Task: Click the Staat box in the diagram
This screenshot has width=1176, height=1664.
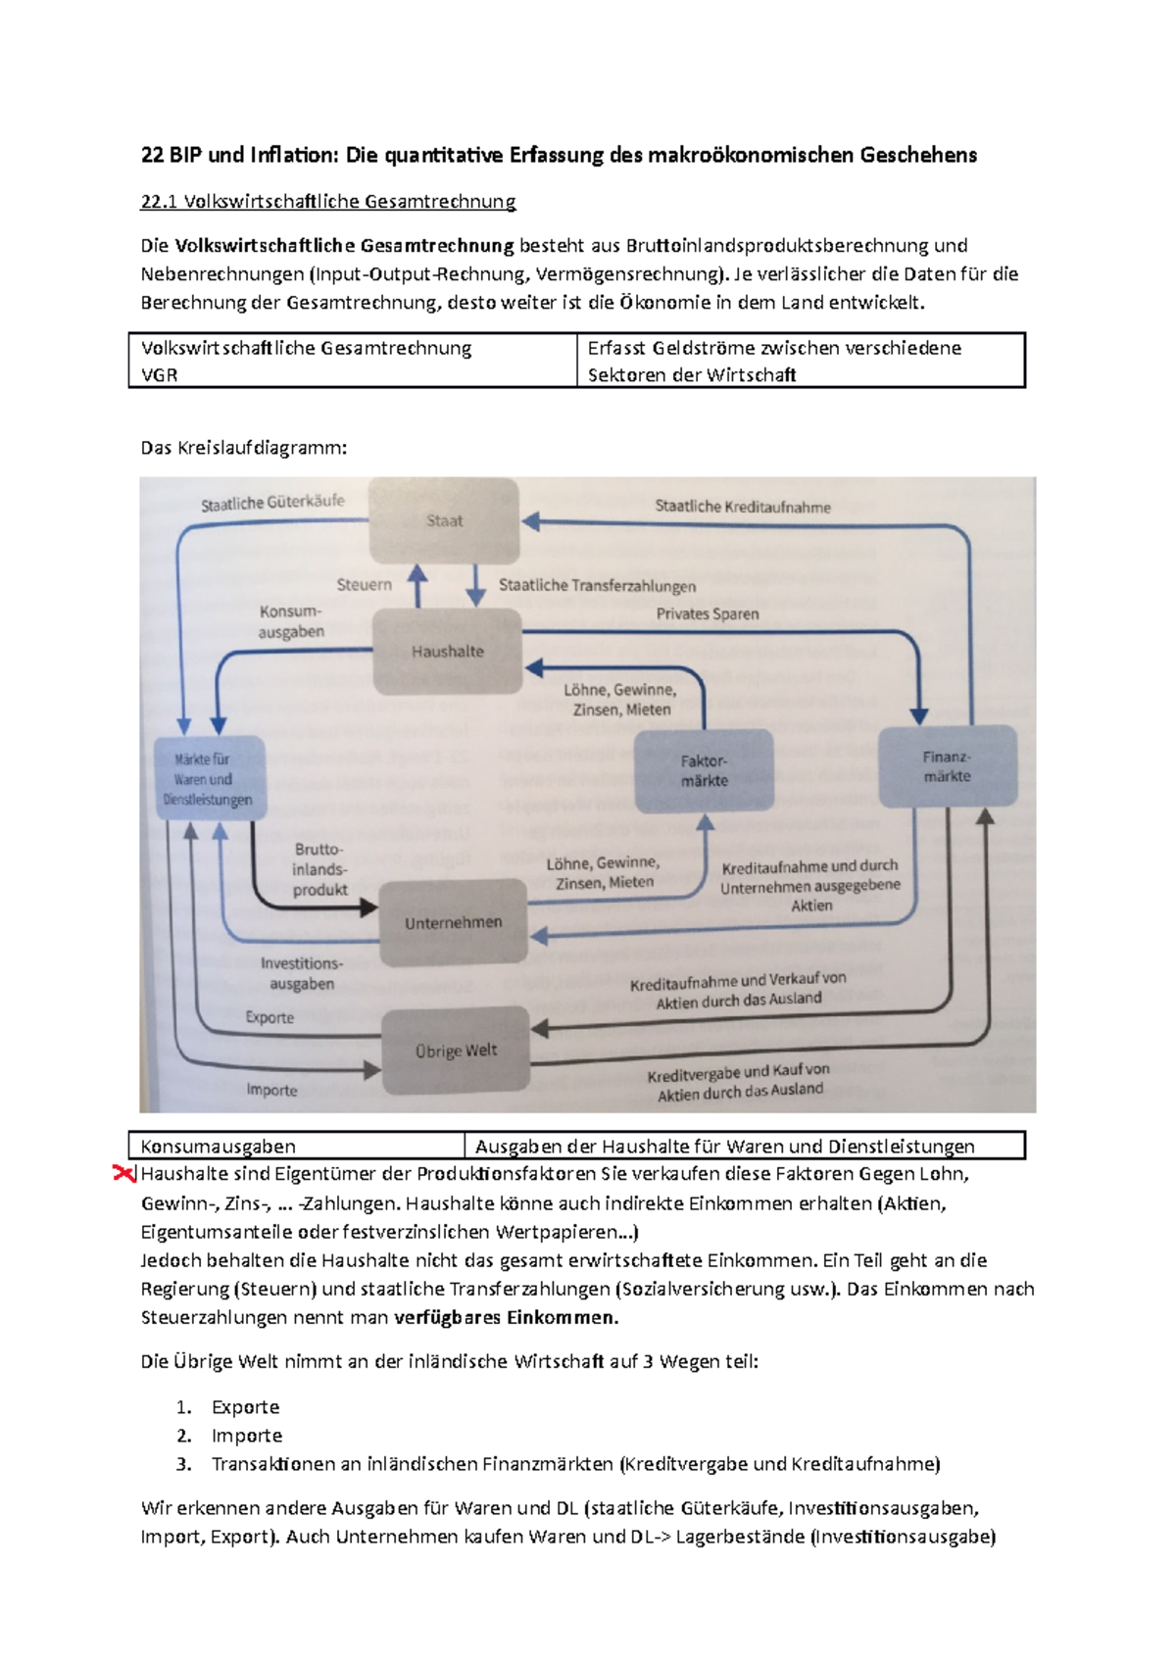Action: [444, 520]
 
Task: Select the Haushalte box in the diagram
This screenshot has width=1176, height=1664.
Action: [448, 651]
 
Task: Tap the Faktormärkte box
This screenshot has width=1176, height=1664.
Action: [704, 770]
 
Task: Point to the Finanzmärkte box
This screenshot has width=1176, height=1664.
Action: [947, 766]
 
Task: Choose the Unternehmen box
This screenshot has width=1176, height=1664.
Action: [453, 922]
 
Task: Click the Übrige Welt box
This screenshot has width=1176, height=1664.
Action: [456, 1051]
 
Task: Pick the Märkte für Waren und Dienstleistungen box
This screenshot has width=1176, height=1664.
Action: [208, 779]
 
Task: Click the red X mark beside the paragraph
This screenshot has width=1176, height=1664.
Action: [124, 1173]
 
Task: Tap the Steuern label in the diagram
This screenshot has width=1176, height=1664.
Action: [364, 584]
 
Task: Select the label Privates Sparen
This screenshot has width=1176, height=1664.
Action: [708, 613]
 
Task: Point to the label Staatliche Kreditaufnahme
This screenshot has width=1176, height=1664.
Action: [743, 507]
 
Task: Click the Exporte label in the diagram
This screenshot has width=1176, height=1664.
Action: [269, 1017]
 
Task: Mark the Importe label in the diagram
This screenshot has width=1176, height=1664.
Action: [271, 1090]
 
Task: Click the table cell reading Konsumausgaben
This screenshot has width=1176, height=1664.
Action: [219, 1146]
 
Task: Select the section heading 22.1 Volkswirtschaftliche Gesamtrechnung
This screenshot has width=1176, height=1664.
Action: [328, 202]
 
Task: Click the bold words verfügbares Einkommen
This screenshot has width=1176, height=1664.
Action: [506, 1317]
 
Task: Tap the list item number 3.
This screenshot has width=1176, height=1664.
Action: [184, 1464]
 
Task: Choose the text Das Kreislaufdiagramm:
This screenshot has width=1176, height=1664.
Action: [244, 448]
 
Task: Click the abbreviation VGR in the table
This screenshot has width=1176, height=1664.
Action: [160, 374]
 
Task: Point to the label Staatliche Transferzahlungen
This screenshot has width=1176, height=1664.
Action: [598, 585]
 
